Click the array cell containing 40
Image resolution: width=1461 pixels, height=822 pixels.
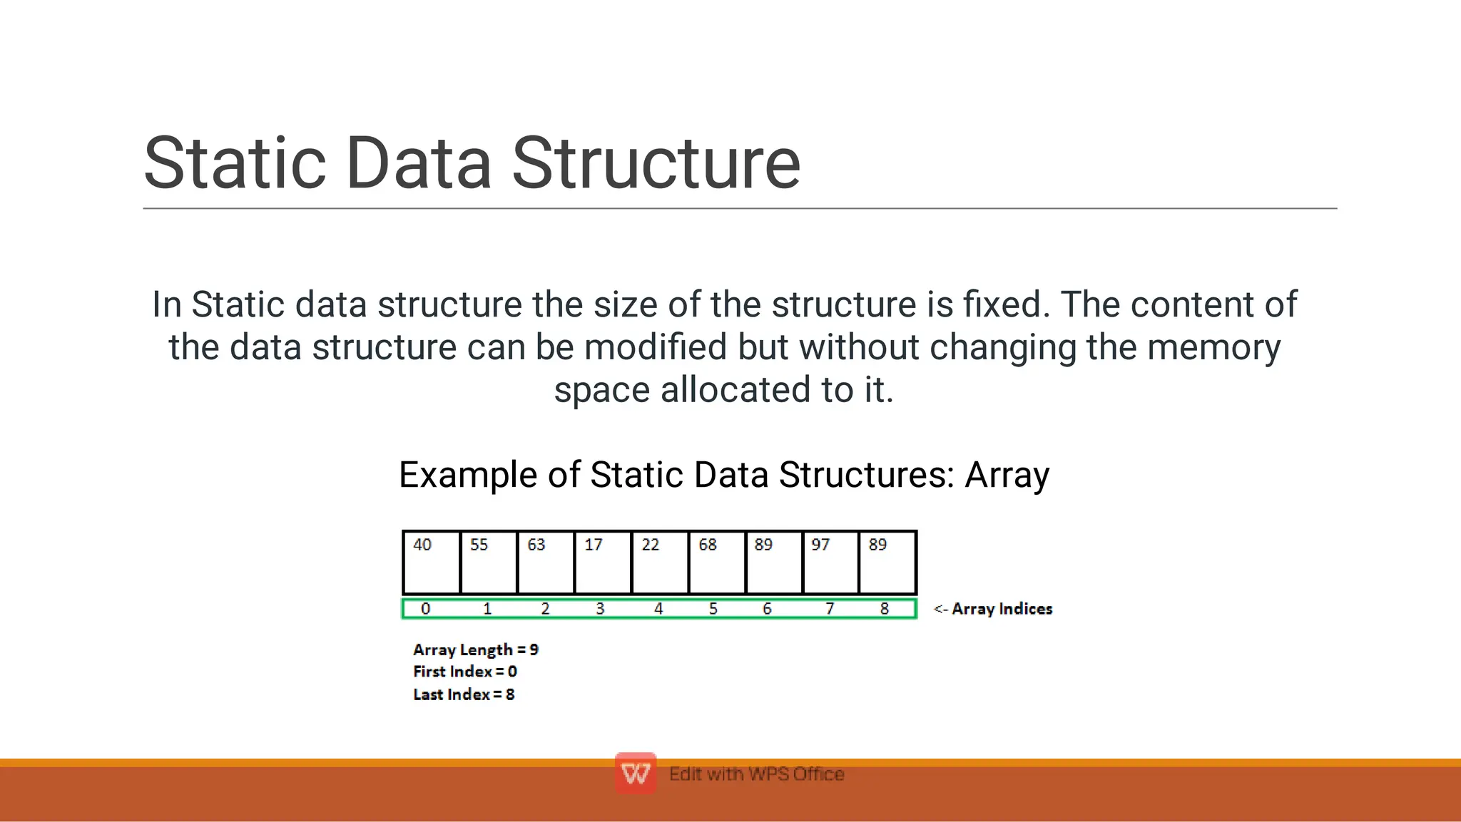coord(432,562)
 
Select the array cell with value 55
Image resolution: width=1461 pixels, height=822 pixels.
coord(489,562)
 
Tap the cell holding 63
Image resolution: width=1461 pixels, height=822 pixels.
coord(546,562)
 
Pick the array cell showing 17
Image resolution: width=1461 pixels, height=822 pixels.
coord(603,562)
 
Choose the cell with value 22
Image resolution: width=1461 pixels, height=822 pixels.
coord(660,562)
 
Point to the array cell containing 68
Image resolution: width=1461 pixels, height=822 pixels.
coord(717,562)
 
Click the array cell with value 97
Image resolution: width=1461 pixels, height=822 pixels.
coord(830,562)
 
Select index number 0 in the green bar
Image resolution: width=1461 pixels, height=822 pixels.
coord(426,609)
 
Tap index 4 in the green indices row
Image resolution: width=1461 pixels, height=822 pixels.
coord(658,609)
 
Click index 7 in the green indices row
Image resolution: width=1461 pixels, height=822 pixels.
coord(830,609)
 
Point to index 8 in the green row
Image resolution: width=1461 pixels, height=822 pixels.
coord(885,609)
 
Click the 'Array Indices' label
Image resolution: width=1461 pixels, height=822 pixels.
coord(1002,609)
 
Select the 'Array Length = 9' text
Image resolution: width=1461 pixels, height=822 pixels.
coord(476,649)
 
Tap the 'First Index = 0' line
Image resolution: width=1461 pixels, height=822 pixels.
coord(465,672)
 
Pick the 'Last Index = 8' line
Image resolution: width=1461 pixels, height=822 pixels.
coord(464,694)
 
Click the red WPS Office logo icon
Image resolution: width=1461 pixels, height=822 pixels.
coord(636,773)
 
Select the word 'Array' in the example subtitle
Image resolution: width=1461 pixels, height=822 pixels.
coord(1007,475)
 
